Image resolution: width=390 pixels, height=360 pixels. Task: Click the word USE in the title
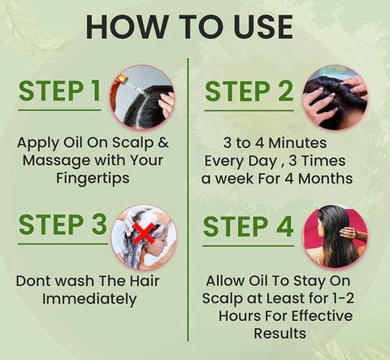(x=263, y=27)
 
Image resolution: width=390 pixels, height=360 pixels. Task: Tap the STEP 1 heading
(x=59, y=91)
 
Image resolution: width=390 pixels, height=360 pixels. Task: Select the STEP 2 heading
(x=249, y=91)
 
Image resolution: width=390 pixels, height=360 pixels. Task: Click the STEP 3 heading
(x=63, y=224)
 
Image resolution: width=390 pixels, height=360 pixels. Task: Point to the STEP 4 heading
(x=249, y=227)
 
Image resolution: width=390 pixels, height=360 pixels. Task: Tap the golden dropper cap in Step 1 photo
(x=123, y=79)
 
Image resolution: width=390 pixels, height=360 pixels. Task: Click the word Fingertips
(x=93, y=179)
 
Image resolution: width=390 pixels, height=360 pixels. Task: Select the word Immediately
(x=89, y=299)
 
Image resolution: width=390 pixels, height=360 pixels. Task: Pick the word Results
(x=279, y=333)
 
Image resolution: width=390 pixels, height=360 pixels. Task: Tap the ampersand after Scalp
(x=163, y=143)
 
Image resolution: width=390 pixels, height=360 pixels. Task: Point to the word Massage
(x=57, y=161)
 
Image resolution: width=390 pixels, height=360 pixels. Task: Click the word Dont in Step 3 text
(x=33, y=281)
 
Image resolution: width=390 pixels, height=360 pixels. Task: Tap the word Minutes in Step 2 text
(x=297, y=143)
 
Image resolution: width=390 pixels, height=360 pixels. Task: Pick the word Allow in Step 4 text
(x=225, y=281)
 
